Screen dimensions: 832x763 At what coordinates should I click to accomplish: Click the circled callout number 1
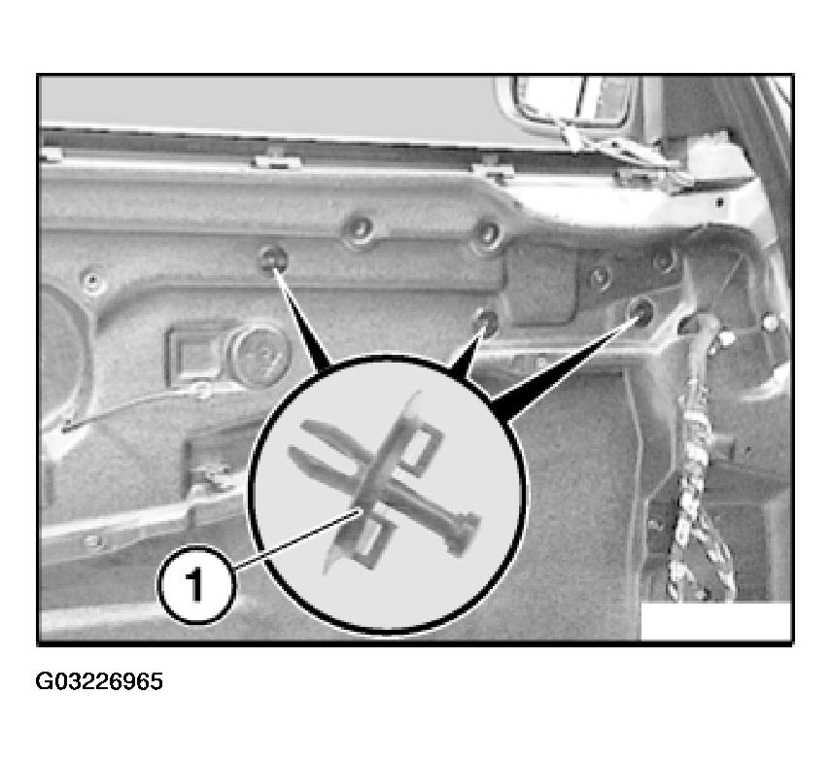click(196, 584)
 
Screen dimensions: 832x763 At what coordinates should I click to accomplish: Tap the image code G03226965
click(99, 681)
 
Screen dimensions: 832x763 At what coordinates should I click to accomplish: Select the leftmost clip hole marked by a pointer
click(273, 258)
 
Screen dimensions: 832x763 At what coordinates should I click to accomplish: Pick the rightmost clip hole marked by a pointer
click(640, 309)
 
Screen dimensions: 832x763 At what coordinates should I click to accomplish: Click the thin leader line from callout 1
click(297, 537)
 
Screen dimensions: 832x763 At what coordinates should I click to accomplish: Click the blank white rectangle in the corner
click(715, 621)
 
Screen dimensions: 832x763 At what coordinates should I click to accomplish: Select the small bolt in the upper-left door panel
click(92, 280)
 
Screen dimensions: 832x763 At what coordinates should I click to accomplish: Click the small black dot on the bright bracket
click(719, 202)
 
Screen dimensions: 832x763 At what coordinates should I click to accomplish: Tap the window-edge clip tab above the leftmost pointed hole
click(274, 158)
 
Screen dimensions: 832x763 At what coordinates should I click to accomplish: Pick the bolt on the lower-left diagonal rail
click(94, 541)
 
